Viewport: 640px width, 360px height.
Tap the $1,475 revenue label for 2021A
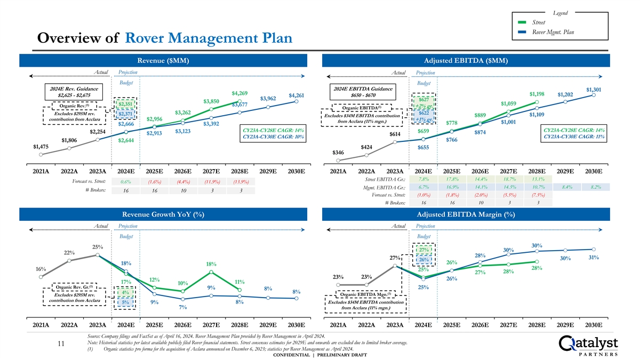[x=41, y=146]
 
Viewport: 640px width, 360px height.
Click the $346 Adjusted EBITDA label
[x=338, y=153]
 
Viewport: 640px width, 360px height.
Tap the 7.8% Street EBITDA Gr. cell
[x=423, y=179]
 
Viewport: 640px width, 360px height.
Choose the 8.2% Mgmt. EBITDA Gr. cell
[x=594, y=187]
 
